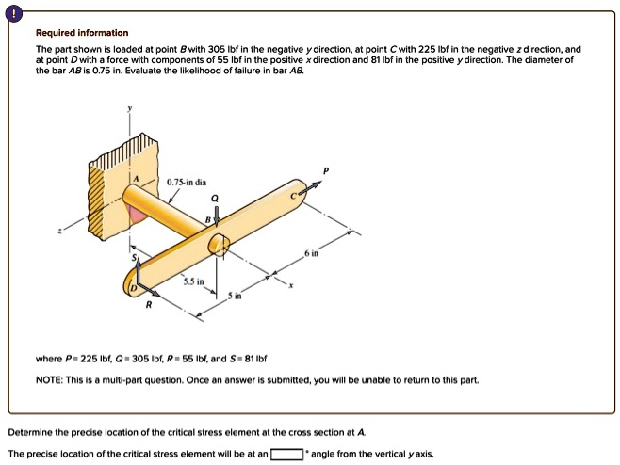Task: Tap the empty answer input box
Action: pyautogui.click(x=287, y=453)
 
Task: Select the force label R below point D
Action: pyautogui.click(x=147, y=306)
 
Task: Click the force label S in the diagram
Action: pyautogui.click(x=133, y=257)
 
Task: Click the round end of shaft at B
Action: pyautogui.click(x=219, y=246)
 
